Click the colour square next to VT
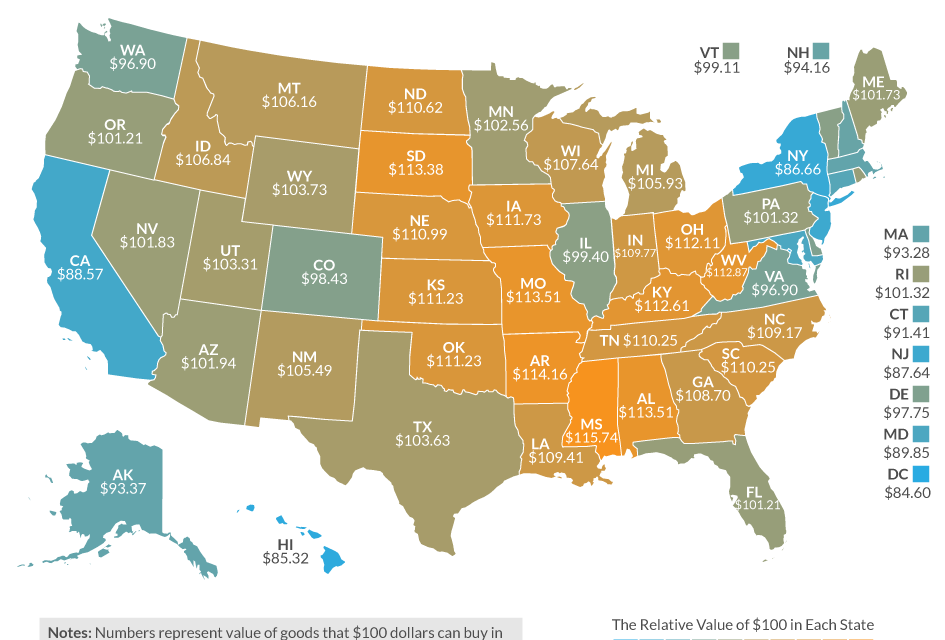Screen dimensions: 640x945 tap(732, 50)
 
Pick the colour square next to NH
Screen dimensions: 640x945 tap(821, 50)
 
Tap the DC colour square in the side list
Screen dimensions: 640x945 tap(920, 474)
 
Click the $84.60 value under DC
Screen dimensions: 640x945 tap(906, 492)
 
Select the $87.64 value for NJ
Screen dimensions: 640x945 tap(906, 372)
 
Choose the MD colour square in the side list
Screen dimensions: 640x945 tap(920, 434)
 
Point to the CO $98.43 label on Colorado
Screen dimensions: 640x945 tap(324, 273)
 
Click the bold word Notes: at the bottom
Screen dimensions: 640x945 tap(68, 632)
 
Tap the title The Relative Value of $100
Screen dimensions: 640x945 tap(742, 625)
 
